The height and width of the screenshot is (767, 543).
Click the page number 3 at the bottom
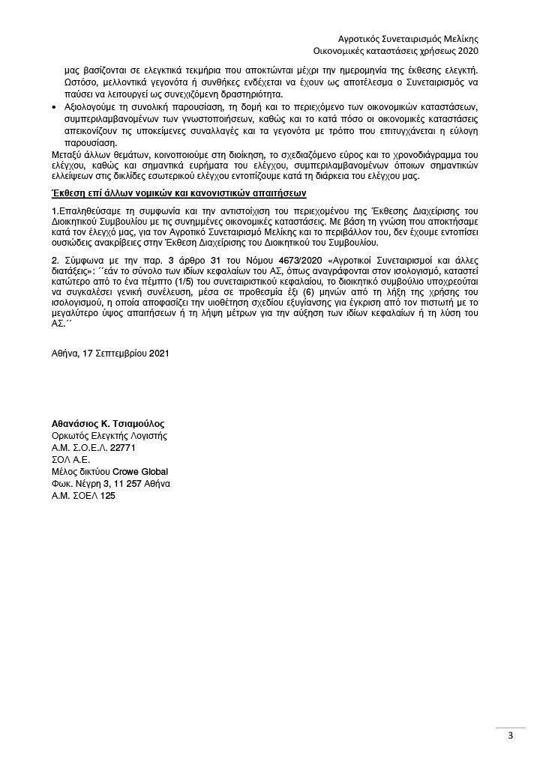510,735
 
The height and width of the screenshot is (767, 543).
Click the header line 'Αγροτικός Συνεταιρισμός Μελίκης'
409,38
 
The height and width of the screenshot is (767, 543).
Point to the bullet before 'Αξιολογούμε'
54,109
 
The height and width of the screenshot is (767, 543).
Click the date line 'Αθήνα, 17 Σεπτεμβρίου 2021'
104,353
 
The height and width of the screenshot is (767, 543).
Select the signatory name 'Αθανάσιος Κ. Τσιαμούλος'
107,424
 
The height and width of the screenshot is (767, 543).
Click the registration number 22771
122,448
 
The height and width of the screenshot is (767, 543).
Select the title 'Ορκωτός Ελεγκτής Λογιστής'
109,436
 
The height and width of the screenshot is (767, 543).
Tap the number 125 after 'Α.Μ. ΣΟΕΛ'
108,496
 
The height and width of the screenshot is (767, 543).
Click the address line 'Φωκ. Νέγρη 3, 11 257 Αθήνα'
110,484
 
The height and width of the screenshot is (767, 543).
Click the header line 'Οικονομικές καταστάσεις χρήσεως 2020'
409,51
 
